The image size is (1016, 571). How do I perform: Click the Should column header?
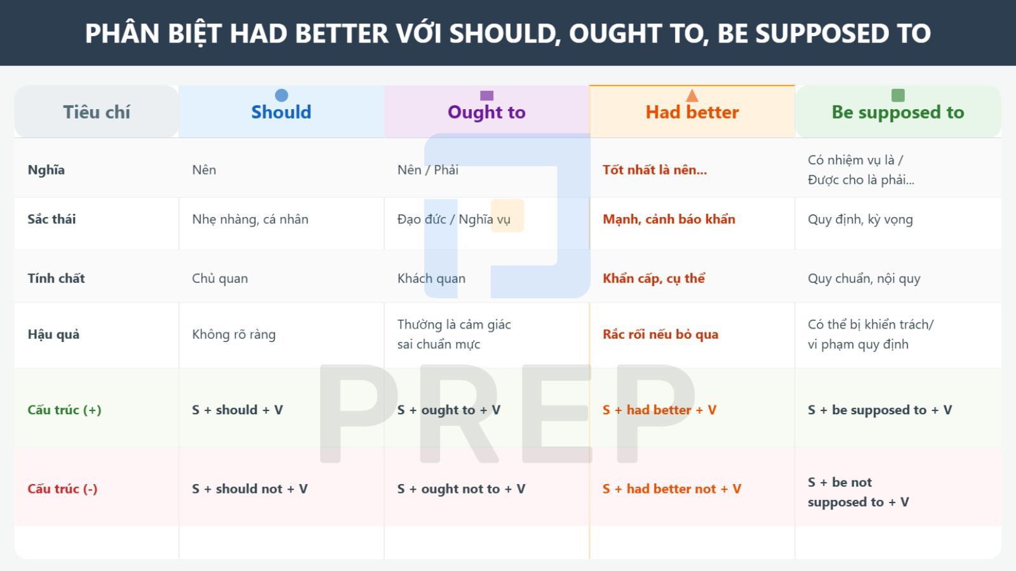click(x=281, y=112)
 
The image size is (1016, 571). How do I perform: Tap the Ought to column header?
click(x=486, y=112)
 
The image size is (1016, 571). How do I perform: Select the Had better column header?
click(x=692, y=112)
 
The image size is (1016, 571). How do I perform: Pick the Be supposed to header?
click(x=898, y=112)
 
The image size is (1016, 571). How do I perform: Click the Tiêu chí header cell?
click(x=97, y=112)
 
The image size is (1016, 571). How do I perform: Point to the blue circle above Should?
click(x=281, y=95)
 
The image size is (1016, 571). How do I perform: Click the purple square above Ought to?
click(x=487, y=95)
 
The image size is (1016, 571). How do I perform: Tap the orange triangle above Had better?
click(x=692, y=96)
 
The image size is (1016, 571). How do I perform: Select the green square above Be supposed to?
click(x=898, y=95)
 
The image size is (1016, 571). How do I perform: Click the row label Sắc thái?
click(x=51, y=220)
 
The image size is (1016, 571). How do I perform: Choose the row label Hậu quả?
click(x=53, y=334)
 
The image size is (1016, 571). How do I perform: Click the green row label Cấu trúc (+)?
click(x=64, y=410)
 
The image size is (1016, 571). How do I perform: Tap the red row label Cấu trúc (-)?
click(x=62, y=489)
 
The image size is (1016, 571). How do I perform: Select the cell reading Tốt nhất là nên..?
click(x=654, y=170)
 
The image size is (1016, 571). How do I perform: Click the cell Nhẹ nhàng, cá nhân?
click(x=250, y=220)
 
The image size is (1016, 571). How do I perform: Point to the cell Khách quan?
click(x=431, y=279)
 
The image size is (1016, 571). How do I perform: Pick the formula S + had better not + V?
click(x=672, y=489)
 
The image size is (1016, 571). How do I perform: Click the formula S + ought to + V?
click(x=449, y=410)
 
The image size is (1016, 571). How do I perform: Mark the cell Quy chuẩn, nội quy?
click(x=864, y=279)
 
